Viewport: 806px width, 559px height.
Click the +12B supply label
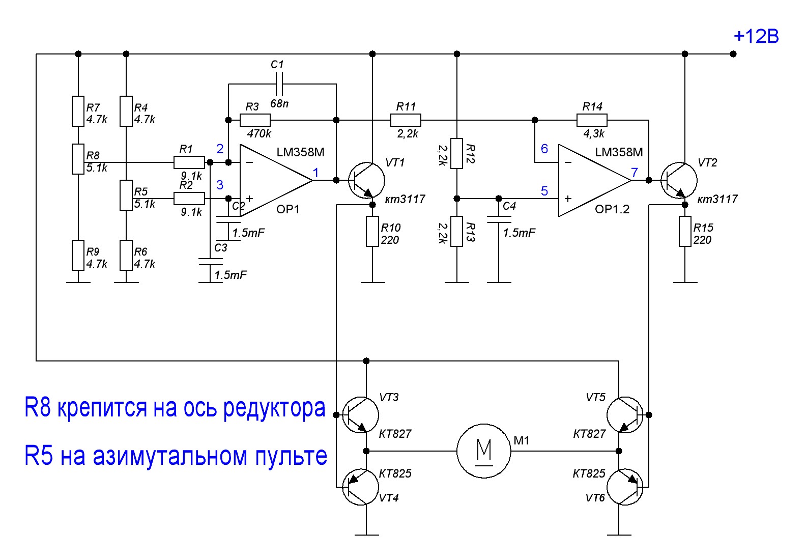tap(756, 36)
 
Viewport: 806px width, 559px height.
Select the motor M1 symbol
tap(483, 451)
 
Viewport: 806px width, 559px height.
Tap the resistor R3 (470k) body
tap(255, 120)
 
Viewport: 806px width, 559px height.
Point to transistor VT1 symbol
tap(366, 180)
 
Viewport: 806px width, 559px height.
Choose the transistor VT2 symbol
tap(679, 180)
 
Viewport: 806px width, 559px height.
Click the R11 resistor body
tap(406, 120)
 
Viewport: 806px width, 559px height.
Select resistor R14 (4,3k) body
tap(592, 120)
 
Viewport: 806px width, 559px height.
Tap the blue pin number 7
tap(635, 173)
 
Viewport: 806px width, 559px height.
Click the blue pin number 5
tap(544, 191)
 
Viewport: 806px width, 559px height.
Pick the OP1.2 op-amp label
tap(612, 209)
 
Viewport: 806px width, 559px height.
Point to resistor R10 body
tap(372, 232)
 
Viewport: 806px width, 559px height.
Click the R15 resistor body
tap(685, 232)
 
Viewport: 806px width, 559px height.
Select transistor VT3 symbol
tap(360, 415)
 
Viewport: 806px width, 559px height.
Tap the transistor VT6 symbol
tap(625, 487)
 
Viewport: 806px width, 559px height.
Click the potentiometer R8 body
tap(78, 159)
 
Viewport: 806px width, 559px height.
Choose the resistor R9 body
tap(78, 255)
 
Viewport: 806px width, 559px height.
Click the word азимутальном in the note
tap(170, 456)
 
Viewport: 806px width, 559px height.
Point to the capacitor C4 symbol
tap(499, 219)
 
